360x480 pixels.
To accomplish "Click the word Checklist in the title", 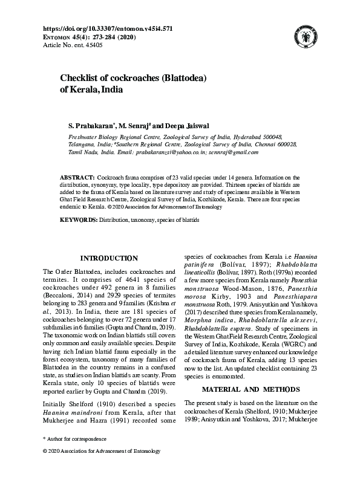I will [80, 78].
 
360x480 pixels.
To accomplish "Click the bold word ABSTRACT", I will [76, 176].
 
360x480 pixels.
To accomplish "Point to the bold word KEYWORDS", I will [78, 220].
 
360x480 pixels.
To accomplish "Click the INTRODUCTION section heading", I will [109, 259].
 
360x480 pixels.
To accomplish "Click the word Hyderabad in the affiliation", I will [250, 138].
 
